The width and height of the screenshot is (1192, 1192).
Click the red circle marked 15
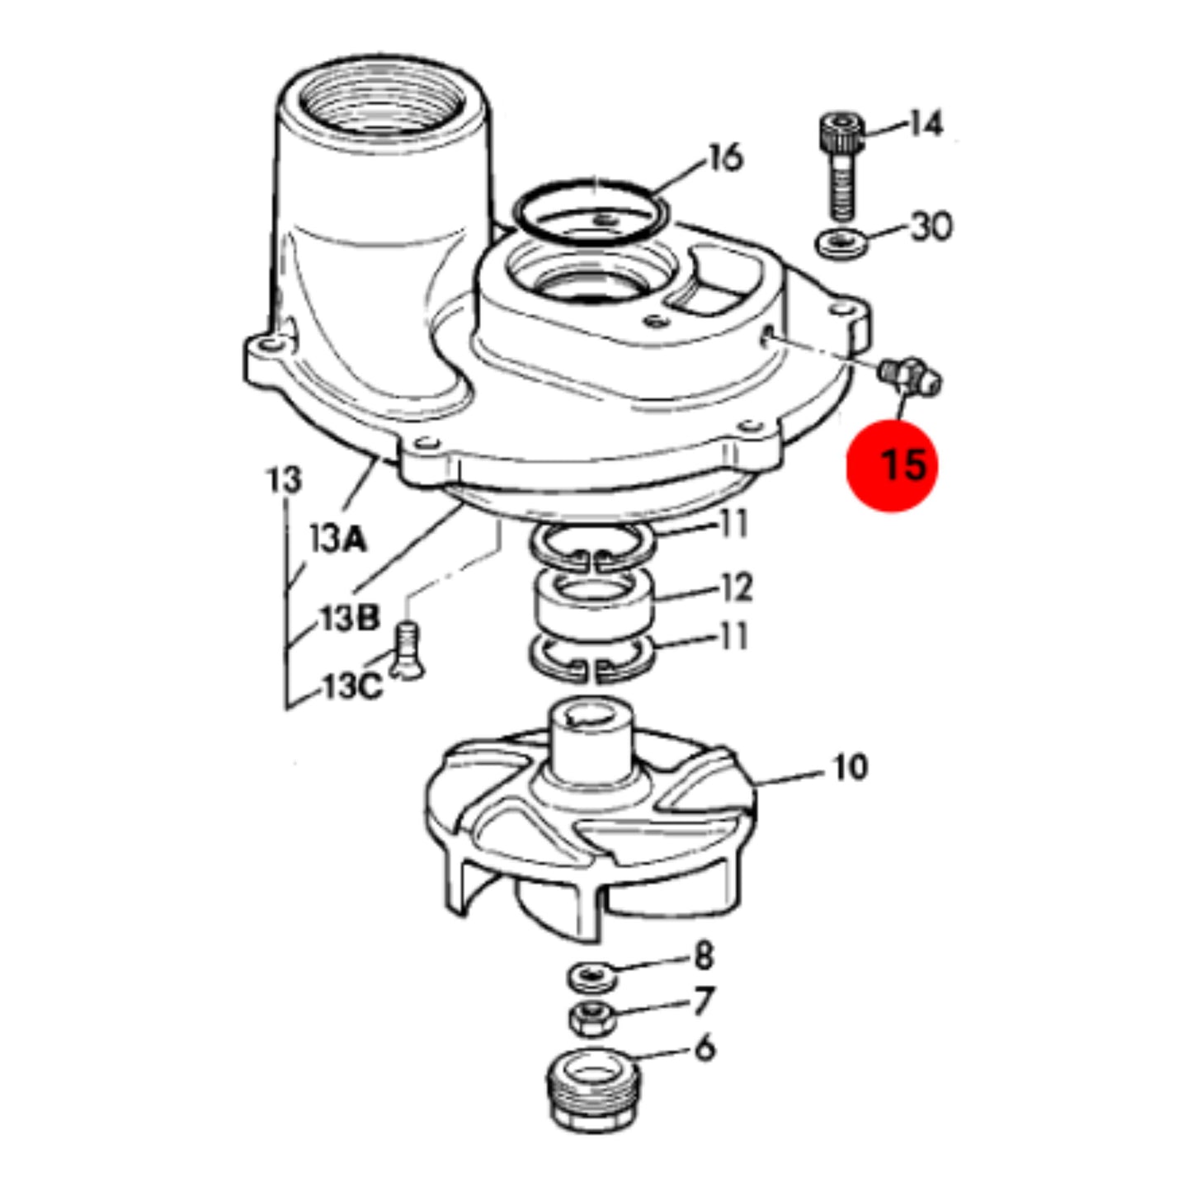[892, 464]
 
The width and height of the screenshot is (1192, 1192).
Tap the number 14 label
[926, 124]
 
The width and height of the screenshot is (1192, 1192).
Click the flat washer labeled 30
[841, 243]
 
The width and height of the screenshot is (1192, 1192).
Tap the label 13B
[350, 617]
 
